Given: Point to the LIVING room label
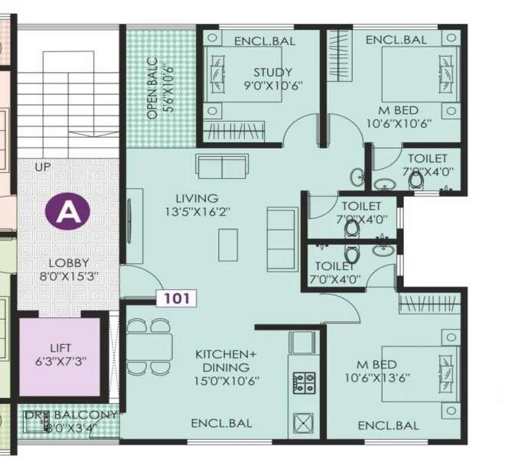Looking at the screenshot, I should [x=196, y=198].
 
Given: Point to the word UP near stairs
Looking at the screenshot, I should [x=42, y=165].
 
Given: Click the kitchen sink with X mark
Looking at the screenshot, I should [x=304, y=424].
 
